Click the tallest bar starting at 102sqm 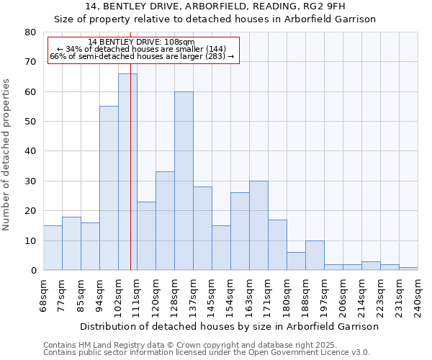127,172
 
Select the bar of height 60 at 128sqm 184,181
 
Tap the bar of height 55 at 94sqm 109,188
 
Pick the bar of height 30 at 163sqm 258,225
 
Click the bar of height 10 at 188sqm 315,256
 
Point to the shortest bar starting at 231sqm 408,269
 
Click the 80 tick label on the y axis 30,32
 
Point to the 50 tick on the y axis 30,122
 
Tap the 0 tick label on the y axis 32,271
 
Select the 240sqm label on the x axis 418,295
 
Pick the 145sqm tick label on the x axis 212,295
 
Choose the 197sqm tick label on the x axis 325,295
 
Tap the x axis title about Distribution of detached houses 229,326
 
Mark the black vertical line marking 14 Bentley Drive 130,180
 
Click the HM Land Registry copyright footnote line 189,345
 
